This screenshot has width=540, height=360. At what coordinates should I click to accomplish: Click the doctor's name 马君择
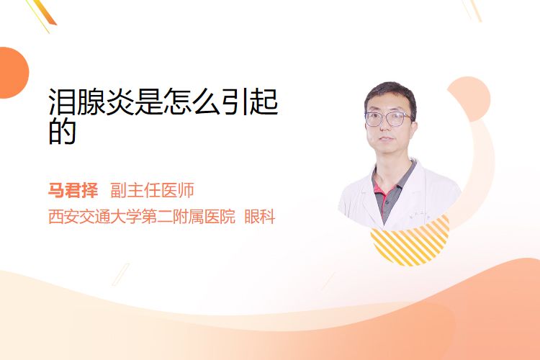[73, 190]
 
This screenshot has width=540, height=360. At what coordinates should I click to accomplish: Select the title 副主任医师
[152, 190]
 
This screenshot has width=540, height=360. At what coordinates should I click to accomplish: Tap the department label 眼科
[260, 217]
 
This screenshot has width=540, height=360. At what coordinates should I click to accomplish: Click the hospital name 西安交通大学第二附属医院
[142, 217]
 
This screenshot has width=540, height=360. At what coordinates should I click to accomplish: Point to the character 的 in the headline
[62, 131]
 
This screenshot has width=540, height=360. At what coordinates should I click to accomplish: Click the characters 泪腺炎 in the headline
[91, 102]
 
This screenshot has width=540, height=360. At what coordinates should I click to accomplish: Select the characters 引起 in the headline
[249, 102]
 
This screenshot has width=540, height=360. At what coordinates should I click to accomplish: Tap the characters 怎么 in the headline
[192, 102]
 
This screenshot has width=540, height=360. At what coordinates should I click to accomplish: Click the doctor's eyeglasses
[388, 119]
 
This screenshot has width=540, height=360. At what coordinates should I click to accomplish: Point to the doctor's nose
[384, 127]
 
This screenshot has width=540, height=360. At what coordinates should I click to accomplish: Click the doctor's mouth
[386, 139]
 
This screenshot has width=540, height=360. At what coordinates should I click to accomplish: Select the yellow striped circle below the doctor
[410, 241]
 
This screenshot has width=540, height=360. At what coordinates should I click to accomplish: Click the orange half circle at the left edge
[13, 73]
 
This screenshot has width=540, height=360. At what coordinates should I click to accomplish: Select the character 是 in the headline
[148, 102]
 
